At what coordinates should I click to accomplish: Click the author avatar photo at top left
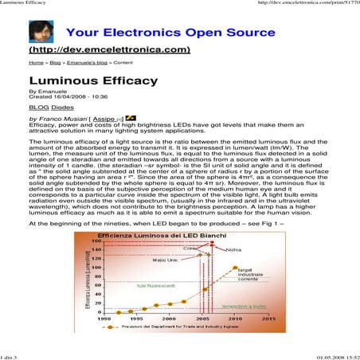pos(41,32)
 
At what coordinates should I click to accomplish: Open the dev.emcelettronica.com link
pos(111,49)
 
